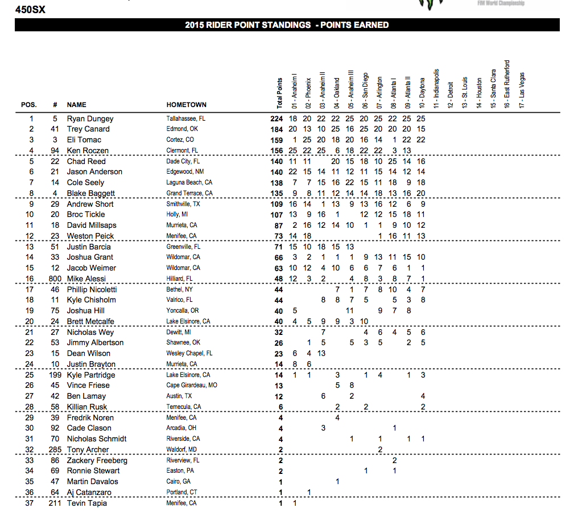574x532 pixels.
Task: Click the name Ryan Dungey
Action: [90, 118]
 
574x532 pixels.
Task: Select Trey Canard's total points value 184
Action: [276, 129]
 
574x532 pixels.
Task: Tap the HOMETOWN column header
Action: [186, 105]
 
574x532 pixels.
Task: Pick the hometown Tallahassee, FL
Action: [185, 118]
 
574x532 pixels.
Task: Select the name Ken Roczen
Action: [88, 151]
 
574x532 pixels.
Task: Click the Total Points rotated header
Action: [279, 93]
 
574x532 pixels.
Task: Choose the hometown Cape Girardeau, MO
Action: [192, 386]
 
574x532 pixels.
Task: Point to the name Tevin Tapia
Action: [86, 504]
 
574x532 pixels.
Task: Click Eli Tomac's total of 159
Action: [276, 140]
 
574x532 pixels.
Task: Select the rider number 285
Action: [53, 450]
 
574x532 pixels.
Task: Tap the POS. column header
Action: [29, 105]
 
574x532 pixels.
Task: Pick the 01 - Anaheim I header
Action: [294, 91]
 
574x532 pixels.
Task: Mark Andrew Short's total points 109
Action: [276, 204]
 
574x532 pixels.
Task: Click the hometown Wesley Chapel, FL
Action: [189, 354]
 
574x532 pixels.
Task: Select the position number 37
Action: [29, 504]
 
